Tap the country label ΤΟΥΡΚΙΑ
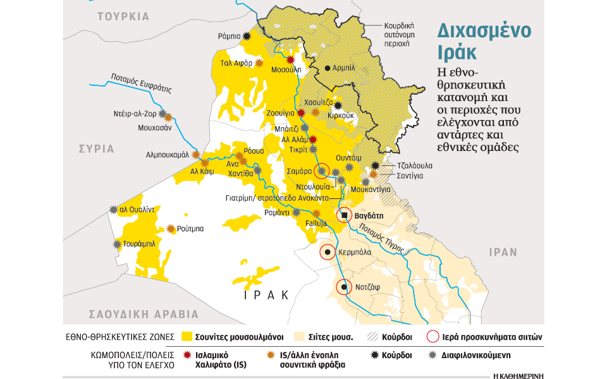pyautogui.click(x=123, y=16)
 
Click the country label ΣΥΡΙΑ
pyautogui.click(x=97, y=149)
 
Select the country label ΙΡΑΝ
pyautogui.click(x=503, y=251)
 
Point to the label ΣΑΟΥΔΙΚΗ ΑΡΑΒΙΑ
pyautogui.click(x=144, y=314)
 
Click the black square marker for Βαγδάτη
pyautogui.click(x=345, y=215)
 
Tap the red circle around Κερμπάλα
pyautogui.click(x=327, y=252)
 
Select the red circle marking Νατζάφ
pyautogui.click(x=343, y=288)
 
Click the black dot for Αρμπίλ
pyautogui.click(x=328, y=68)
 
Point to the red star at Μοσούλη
pyautogui.click(x=291, y=60)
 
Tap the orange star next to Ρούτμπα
pyautogui.click(x=171, y=229)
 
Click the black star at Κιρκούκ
pyautogui.click(x=338, y=105)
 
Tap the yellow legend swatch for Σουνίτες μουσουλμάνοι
pyautogui.click(x=187, y=336)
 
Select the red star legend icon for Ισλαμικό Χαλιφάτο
pyautogui.click(x=187, y=356)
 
